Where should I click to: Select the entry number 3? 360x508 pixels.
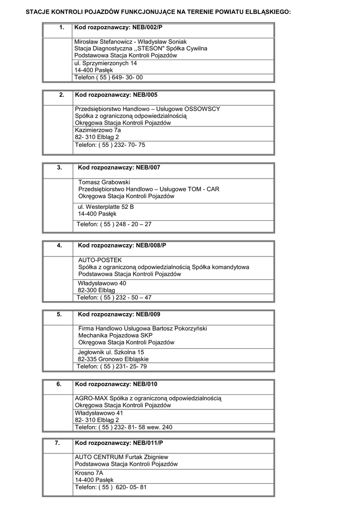click(x=60, y=168)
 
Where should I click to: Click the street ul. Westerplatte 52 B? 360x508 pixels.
click(x=106, y=206)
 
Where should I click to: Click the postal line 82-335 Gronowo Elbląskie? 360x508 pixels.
click(x=113, y=359)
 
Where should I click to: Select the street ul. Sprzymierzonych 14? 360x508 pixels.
click(x=106, y=63)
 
